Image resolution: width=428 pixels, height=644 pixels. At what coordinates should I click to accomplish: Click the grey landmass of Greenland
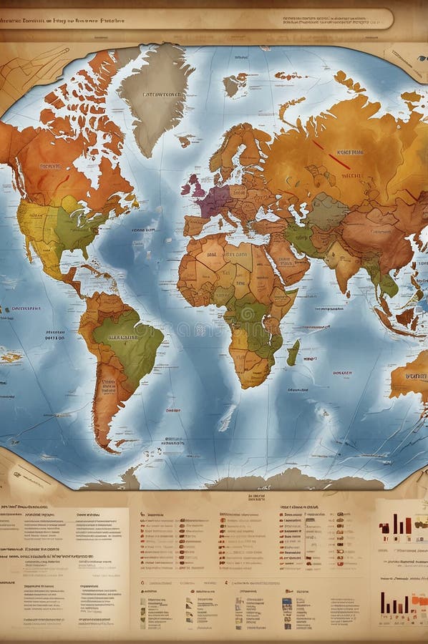pos(154,93)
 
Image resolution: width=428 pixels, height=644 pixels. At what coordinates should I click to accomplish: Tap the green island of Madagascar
pos(293,352)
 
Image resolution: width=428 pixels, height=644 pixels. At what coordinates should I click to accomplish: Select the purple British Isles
pos(194,187)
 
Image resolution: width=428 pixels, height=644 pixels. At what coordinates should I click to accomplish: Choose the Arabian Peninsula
pos(290,261)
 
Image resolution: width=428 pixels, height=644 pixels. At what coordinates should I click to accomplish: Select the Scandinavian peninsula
pos(236,150)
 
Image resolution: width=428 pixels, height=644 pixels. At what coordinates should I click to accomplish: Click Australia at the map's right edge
pos(412,379)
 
